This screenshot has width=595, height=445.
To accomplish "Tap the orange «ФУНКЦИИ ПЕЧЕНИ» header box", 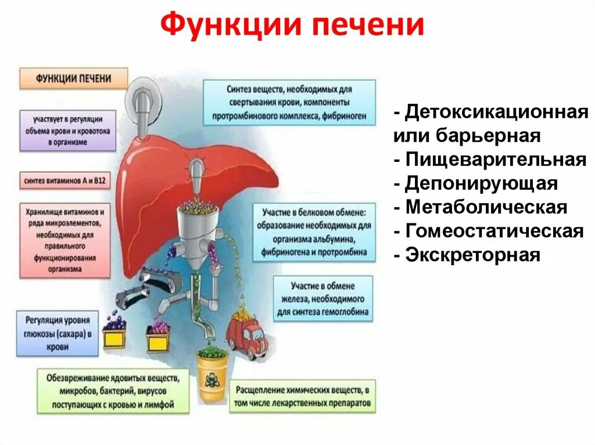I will pyautogui.click(x=73, y=78).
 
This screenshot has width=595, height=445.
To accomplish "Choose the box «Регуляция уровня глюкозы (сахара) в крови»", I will pyautogui.click(x=56, y=333).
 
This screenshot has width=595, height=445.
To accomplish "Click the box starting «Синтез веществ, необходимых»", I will pyautogui.click(x=289, y=103).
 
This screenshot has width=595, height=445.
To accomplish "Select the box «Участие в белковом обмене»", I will pyautogui.click(x=313, y=231).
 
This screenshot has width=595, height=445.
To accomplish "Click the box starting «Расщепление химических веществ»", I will pyautogui.click(x=302, y=396).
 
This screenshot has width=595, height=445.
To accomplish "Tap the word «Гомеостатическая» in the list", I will pyautogui.click(x=493, y=230).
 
